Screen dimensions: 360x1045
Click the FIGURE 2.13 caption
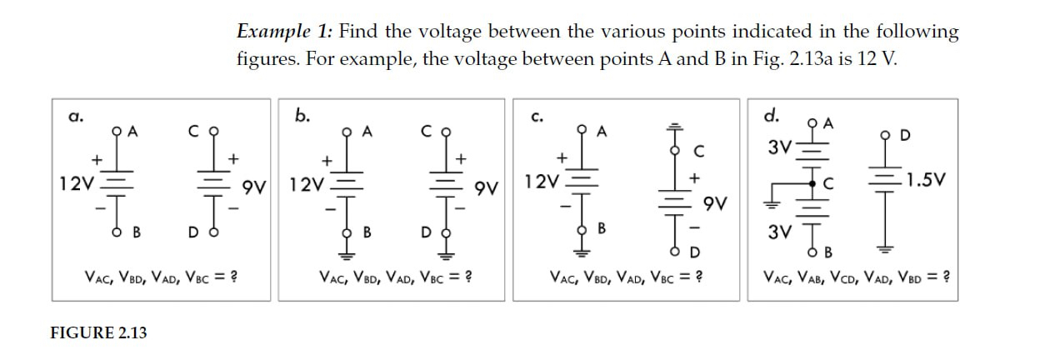(98, 332)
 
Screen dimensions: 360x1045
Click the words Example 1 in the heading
(285, 32)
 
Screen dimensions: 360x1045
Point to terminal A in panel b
(347, 132)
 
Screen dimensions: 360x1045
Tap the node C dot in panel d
(813, 182)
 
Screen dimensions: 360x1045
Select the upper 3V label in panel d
(781, 148)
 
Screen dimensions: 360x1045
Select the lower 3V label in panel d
(782, 230)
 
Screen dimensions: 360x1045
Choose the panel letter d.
(772, 114)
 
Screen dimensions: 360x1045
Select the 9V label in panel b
(486, 189)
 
